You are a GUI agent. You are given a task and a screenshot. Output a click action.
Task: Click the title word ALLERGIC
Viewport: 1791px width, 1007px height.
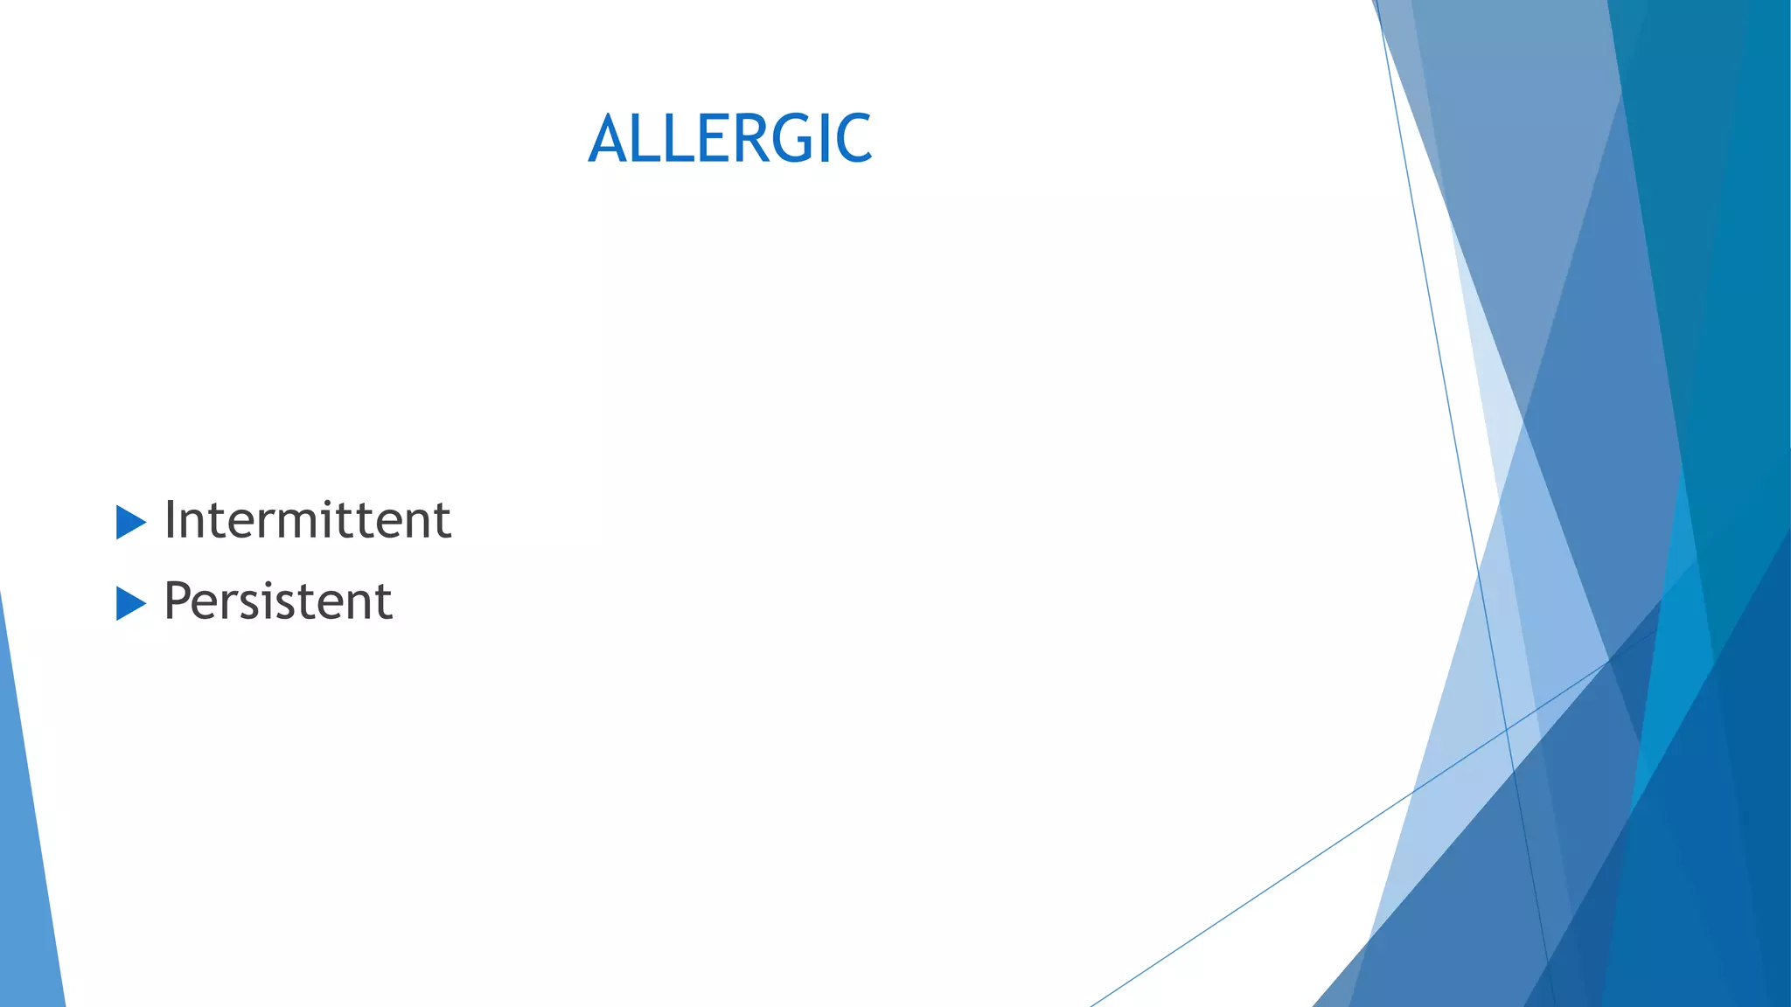pyautogui.click(x=730, y=138)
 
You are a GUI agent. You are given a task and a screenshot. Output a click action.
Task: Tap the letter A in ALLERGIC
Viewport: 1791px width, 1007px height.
pyautogui.click(x=609, y=138)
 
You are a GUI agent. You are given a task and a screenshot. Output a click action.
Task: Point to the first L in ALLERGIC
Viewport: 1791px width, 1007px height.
pyautogui.click(x=649, y=138)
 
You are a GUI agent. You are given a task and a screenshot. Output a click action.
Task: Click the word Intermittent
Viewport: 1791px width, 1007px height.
pyautogui.click(x=307, y=519)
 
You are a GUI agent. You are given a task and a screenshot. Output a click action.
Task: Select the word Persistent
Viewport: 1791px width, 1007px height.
pyautogui.click(x=278, y=601)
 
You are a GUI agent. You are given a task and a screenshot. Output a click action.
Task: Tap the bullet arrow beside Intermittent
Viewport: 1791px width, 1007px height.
pyautogui.click(x=129, y=523)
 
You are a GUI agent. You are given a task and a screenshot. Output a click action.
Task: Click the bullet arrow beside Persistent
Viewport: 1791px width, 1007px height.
pyautogui.click(x=129, y=604)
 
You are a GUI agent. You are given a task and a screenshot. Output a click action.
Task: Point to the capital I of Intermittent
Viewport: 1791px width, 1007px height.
pyautogui.click(x=171, y=519)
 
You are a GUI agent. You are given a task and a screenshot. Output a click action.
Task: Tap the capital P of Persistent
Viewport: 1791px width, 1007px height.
pyautogui.click(x=177, y=601)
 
